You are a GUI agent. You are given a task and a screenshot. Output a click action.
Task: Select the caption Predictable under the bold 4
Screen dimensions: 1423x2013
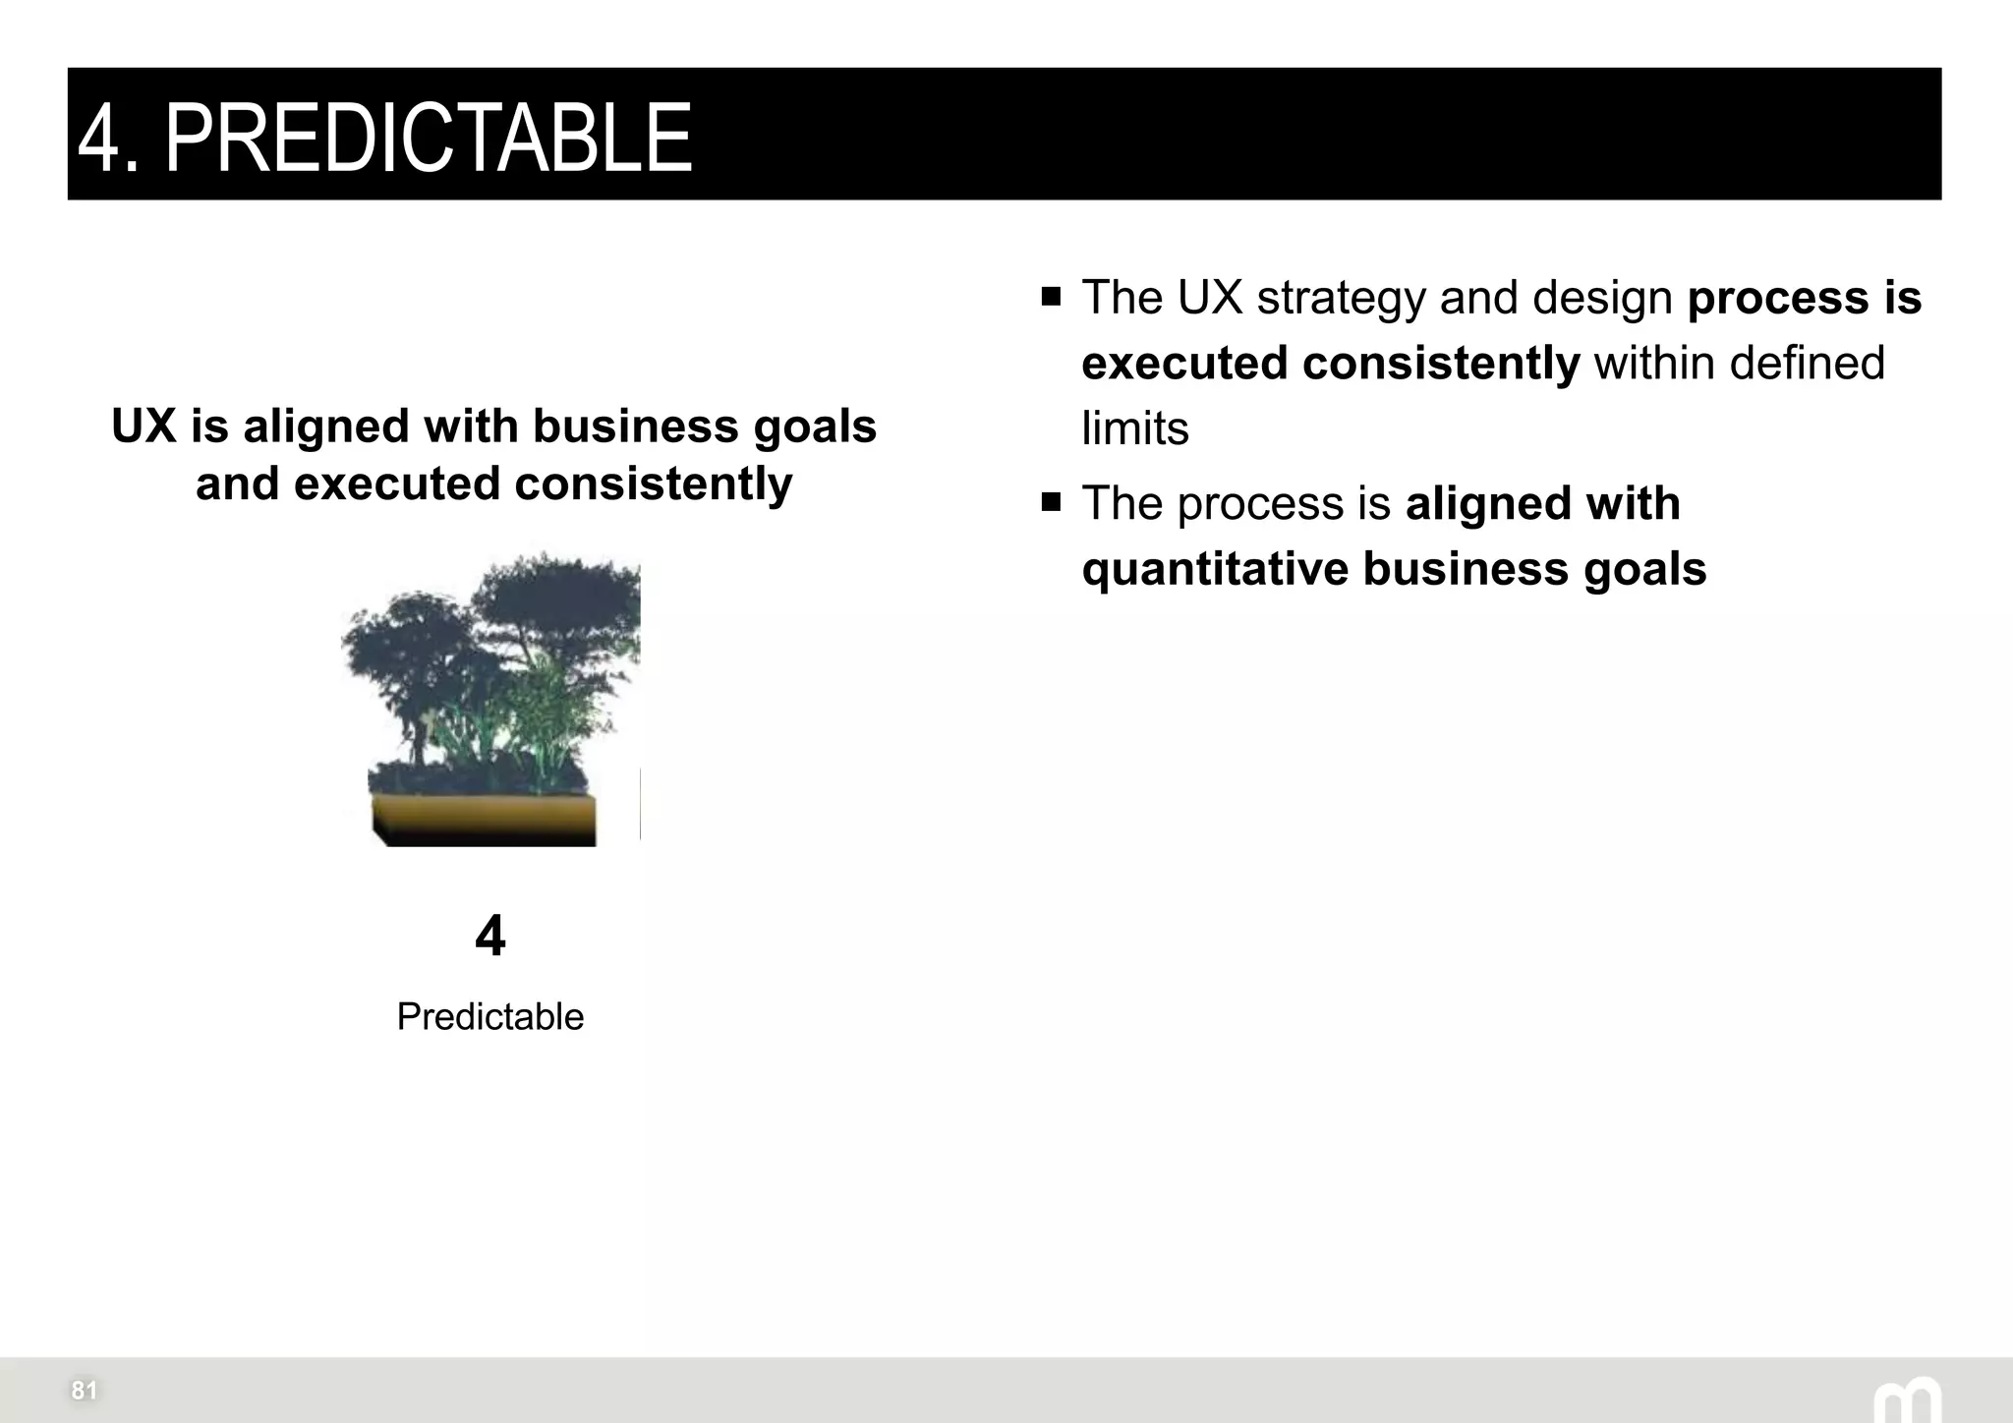(x=489, y=1016)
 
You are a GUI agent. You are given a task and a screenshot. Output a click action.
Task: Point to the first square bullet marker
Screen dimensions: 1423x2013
(x=1052, y=297)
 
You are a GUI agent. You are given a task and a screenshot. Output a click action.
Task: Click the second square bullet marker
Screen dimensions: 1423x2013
(x=1052, y=503)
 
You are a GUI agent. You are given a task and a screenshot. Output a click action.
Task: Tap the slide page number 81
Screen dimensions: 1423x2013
(x=84, y=1390)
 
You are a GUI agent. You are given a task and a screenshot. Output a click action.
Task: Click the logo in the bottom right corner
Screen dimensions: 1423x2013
(x=1907, y=1399)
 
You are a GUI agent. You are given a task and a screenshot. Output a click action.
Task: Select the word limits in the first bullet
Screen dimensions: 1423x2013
(x=1135, y=428)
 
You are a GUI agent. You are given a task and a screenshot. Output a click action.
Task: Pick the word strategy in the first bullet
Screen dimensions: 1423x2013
(x=1341, y=298)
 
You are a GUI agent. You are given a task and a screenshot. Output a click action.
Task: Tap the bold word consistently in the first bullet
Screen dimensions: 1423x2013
(x=1441, y=364)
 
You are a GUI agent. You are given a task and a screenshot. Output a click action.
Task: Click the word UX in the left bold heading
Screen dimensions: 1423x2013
(x=144, y=427)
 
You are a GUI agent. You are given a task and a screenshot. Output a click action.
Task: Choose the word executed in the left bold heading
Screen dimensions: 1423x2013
(x=397, y=484)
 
